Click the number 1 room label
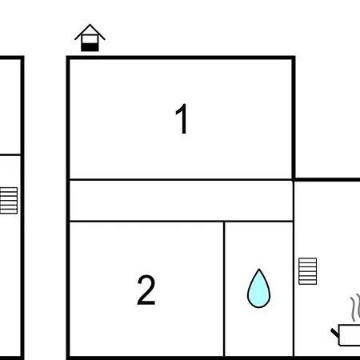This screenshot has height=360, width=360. (182, 119)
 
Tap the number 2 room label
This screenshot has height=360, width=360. (146, 290)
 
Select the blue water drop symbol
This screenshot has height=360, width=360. (258, 289)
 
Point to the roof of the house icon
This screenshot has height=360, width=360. (90, 31)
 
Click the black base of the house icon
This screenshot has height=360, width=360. (90, 47)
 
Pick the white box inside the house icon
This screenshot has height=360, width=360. (90, 39)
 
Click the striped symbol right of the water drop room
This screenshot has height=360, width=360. (307, 271)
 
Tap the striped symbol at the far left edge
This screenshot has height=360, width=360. (9, 201)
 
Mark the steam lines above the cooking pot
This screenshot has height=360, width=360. (355, 308)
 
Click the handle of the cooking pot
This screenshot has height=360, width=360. (334, 333)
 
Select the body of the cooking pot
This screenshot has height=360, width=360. (350, 335)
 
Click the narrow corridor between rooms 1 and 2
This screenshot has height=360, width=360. (182, 201)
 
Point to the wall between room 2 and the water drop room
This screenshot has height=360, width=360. (224, 289)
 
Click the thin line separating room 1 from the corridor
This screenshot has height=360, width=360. (182, 180)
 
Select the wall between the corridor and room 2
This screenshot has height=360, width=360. (182, 221)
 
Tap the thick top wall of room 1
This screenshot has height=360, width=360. (181, 58)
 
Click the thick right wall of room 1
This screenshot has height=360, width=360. (294, 118)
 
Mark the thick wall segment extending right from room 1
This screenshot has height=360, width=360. (327, 180)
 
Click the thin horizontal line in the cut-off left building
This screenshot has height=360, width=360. (10, 154)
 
